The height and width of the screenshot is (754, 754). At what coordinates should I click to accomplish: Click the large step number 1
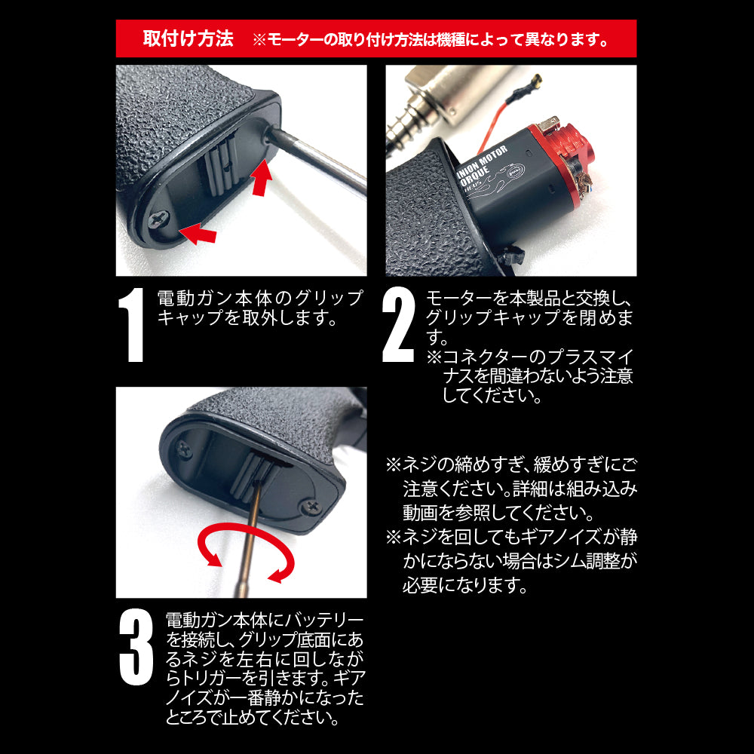point(132,324)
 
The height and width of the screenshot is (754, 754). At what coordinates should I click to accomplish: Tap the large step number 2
point(399,324)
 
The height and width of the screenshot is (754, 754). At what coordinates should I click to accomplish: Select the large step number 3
point(136,647)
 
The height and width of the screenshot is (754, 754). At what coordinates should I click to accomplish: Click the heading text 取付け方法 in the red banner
point(188,38)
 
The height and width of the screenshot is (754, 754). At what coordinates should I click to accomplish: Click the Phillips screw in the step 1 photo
point(158,220)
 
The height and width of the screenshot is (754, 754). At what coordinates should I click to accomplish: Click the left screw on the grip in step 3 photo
point(184,450)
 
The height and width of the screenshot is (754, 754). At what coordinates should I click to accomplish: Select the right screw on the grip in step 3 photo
point(311,507)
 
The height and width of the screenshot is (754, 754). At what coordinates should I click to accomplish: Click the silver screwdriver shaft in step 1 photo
point(317,158)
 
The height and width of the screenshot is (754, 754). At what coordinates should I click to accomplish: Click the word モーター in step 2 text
point(459,299)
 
